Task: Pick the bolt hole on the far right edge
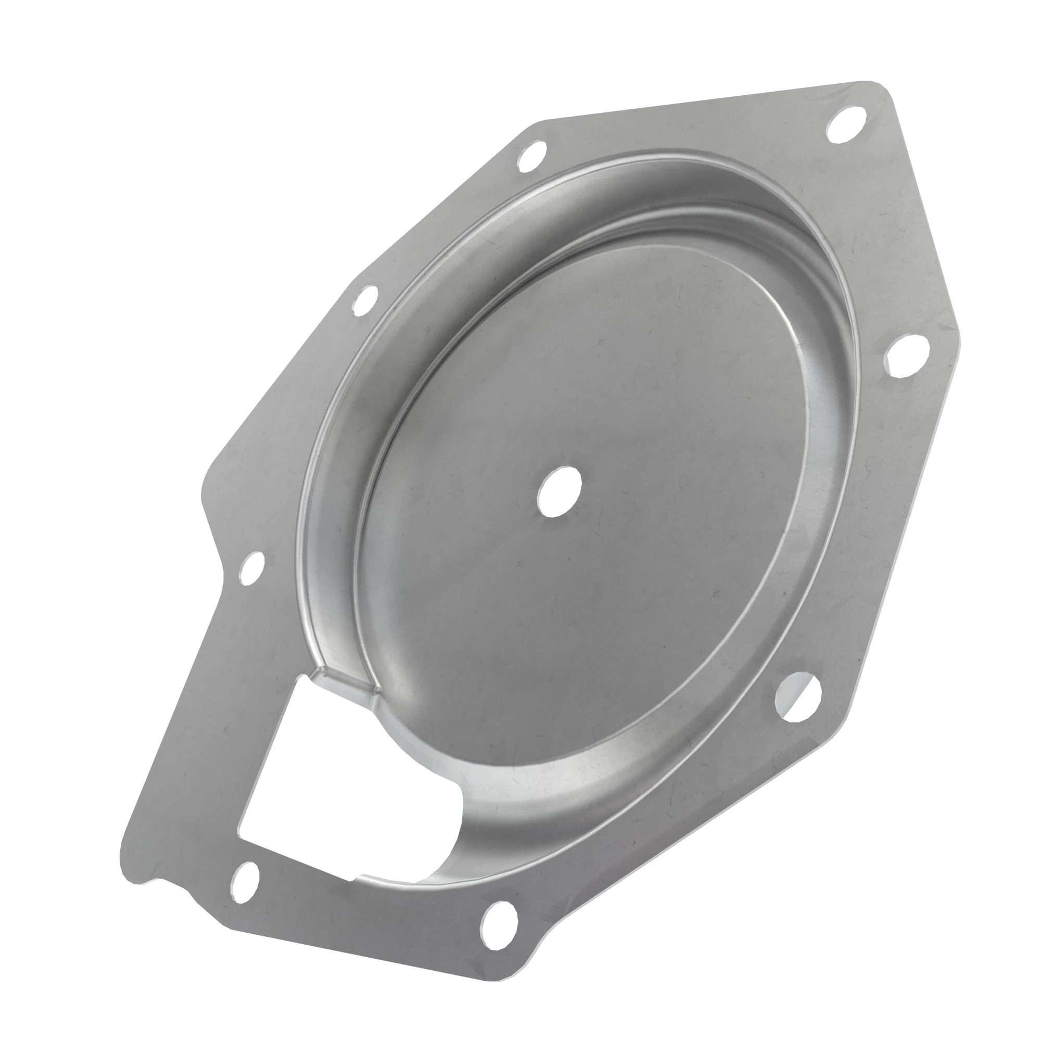coord(908,354)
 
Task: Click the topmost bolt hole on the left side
coord(531,156)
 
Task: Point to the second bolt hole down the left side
coord(366,300)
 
